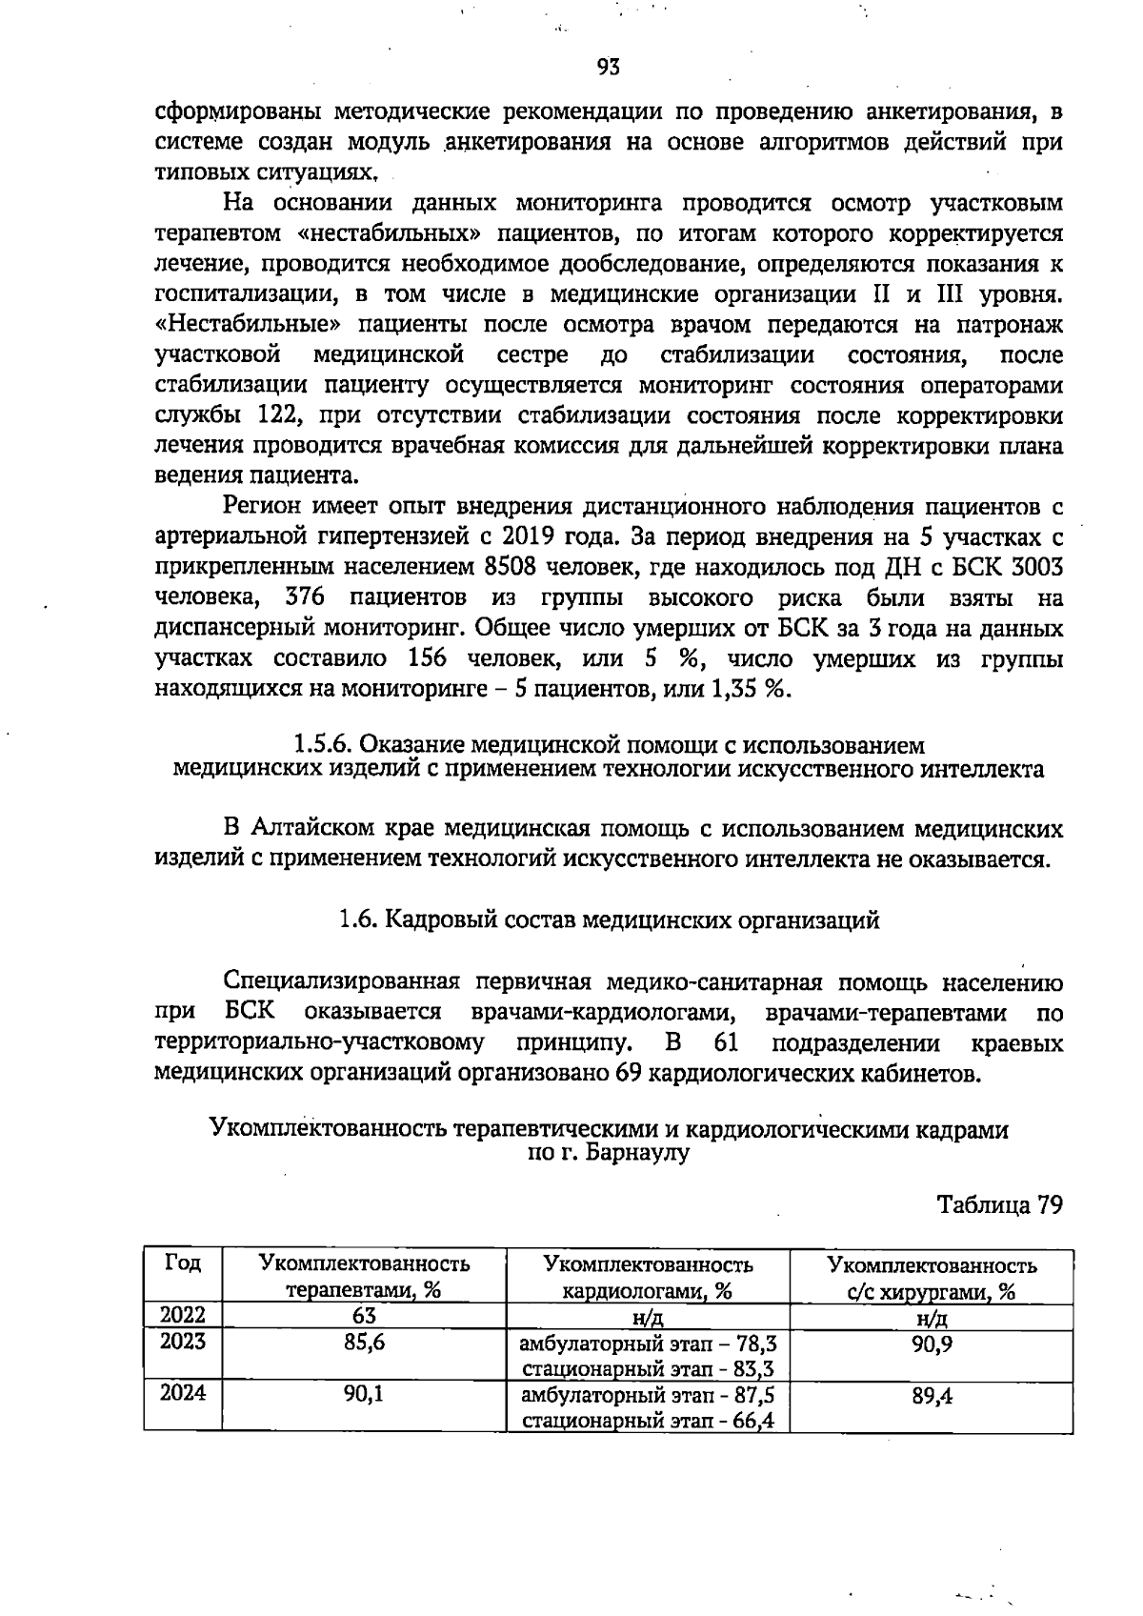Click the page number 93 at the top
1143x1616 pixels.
[609, 66]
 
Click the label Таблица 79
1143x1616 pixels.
[999, 1204]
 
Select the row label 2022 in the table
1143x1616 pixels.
[183, 1316]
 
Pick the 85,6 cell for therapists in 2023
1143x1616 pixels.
[364, 1343]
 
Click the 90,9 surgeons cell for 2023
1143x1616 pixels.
[932, 1343]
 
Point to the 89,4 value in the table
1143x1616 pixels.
[932, 1396]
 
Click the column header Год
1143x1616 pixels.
[183, 1263]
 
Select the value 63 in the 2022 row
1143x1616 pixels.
[364, 1316]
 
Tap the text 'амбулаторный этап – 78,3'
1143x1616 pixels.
[648, 1344]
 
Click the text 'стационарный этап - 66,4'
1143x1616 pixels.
[648, 1422]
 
